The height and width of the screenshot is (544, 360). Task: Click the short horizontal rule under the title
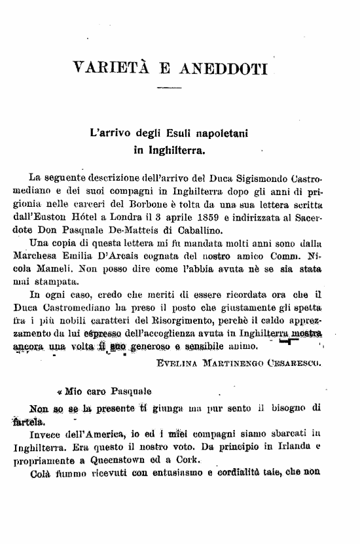(x=169, y=88)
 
